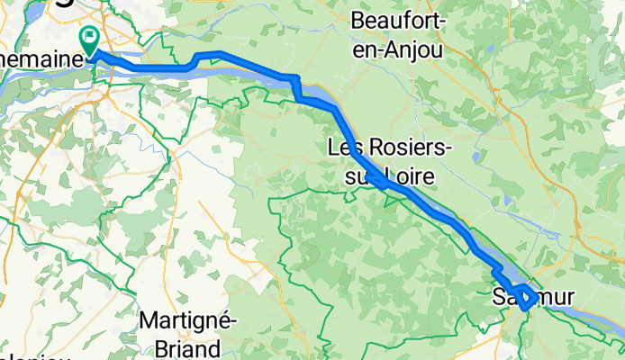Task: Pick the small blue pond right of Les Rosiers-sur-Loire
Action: [x=476, y=157]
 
